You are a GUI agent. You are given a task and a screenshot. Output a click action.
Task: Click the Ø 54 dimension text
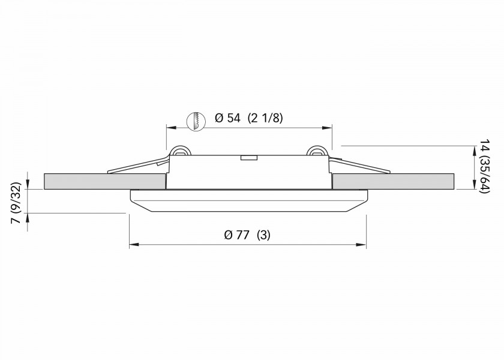click(x=227, y=118)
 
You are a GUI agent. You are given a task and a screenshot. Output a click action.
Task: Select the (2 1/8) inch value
click(x=265, y=118)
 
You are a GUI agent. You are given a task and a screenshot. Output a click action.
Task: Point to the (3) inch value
click(x=263, y=235)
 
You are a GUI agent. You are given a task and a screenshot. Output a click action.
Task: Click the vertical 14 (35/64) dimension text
click(x=485, y=167)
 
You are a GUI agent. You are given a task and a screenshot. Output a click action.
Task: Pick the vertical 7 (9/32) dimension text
click(x=16, y=204)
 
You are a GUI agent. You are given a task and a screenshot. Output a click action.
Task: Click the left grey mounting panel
click(x=105, y=181)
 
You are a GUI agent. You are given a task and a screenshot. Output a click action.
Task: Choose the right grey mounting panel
click(x=393, y=181)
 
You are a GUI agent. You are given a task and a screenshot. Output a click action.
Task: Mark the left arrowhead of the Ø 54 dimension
click(x=170, y=127)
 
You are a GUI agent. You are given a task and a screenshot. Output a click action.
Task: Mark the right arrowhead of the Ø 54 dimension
click(x=328, y=127)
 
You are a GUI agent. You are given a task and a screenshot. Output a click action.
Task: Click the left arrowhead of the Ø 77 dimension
click(x=133, y=245)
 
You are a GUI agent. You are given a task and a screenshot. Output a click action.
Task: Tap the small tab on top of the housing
click(x=248, y=158)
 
